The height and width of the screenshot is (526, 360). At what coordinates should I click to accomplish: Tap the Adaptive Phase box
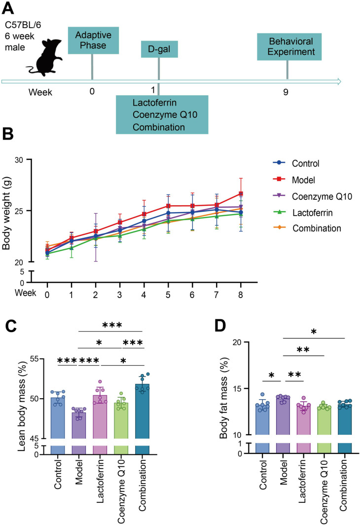(x=93, y=40)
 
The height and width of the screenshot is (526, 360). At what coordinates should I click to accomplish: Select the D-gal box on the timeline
(x=159, y=49)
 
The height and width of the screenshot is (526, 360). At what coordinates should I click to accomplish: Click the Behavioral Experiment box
(x=289, y=46)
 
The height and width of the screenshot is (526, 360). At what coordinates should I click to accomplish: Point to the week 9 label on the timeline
(x=286, y=92)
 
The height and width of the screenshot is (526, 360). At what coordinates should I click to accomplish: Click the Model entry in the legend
(x=294, y=180)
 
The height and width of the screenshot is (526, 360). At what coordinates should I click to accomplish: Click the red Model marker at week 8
(x=241, y=193)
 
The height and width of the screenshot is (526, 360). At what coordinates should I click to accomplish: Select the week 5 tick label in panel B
(x=168, y=295)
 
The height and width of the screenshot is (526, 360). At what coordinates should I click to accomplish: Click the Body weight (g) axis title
(x=6, y=213)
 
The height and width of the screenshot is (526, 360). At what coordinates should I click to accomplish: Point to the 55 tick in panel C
(x=35, y=359)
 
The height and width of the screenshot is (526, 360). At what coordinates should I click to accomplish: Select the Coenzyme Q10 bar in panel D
(x=324, y=421)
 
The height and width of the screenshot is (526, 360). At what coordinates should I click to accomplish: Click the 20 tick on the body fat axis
(x=238, y=342)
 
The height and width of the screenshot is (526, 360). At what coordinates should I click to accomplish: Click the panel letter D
(x=220, y=325)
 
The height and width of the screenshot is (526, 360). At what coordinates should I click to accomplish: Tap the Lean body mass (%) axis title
(x=22, y=406)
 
